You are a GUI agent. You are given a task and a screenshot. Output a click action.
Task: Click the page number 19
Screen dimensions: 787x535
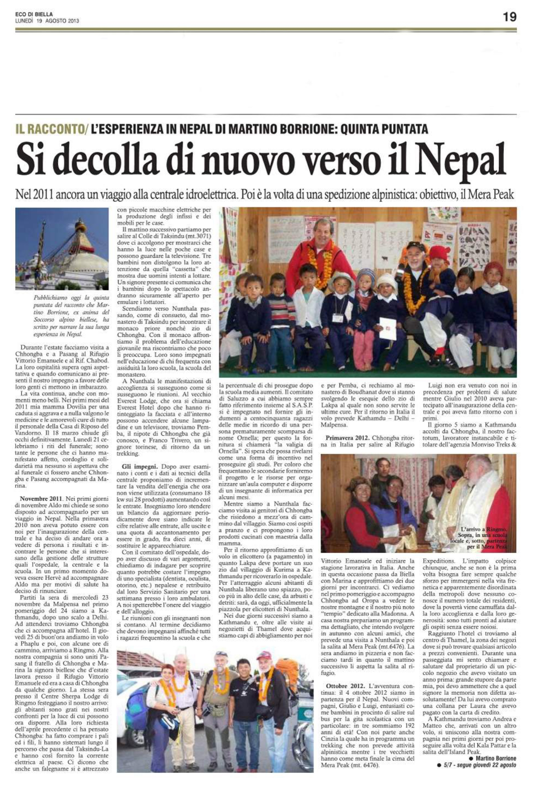coord(510,17)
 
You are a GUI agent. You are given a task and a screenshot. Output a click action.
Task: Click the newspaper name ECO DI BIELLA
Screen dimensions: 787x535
coord(34,14)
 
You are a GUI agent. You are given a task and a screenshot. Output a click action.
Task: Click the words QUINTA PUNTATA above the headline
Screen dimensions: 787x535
coord(384,130)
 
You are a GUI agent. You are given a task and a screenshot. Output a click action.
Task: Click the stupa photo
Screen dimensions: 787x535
coord(62,248)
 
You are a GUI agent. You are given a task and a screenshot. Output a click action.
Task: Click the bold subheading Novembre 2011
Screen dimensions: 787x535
coord(41,498)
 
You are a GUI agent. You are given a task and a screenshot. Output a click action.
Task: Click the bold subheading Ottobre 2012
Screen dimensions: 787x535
coord(345,685)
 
